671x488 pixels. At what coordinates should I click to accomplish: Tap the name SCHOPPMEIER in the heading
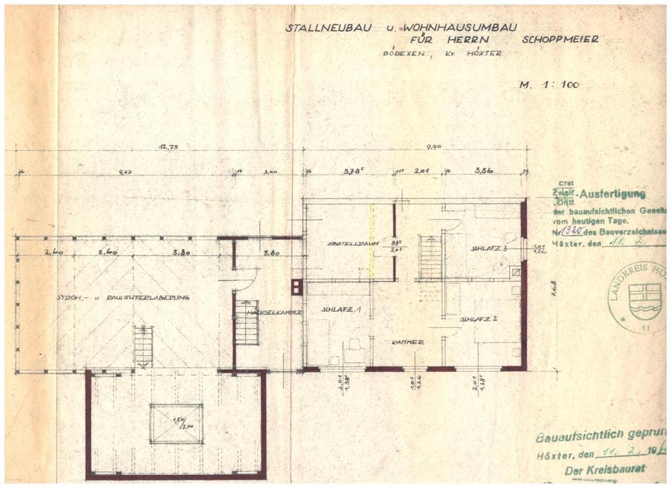coord(560,40)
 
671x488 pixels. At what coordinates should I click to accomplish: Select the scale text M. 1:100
coord(549,85)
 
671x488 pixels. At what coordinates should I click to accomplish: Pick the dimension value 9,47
coord(126,171)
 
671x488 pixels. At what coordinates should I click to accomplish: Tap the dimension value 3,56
coord(484,171)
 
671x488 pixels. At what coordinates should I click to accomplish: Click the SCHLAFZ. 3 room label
coord(489,248)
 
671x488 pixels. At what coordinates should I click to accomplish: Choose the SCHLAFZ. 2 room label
coord(479,319)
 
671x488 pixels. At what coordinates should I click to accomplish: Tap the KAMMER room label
coord(408,342)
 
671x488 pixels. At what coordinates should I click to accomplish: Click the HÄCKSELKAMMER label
coord(274,312)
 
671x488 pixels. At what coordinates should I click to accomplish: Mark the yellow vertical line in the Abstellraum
coord(372,241)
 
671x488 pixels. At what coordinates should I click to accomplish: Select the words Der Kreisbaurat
coord(605,469)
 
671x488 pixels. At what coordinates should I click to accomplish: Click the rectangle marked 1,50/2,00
coord(176,424)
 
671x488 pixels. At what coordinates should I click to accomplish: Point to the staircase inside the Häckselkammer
coord(247,322)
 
